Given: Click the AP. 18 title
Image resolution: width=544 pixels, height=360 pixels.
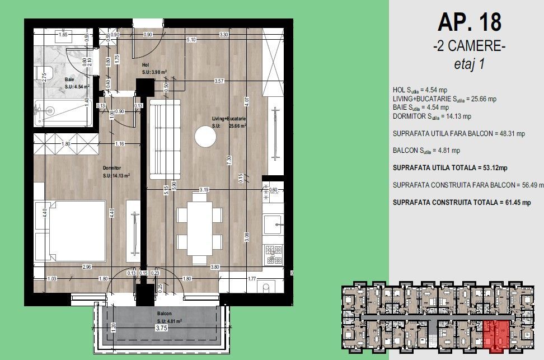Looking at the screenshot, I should pos(469,22).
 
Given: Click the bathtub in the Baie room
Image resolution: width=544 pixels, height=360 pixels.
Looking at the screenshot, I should pos(62,113).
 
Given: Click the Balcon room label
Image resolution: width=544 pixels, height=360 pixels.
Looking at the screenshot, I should pos(164,314).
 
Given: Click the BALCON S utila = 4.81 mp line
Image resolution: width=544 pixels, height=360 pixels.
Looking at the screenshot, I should pos(426,150).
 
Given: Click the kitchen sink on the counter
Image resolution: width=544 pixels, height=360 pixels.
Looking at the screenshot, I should pos(274,224).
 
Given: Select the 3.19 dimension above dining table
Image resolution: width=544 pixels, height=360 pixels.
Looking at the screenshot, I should pos(204,190).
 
